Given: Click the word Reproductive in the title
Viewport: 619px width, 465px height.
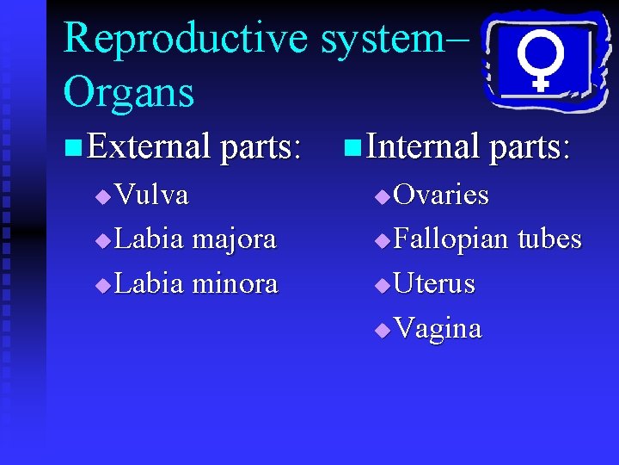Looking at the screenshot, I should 185,39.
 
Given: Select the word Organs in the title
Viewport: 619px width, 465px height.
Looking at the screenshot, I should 129,92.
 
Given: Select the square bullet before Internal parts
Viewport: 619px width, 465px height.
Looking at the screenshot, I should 352,147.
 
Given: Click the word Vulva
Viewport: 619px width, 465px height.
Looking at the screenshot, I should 151,195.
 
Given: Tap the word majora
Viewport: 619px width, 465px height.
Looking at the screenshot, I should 234,239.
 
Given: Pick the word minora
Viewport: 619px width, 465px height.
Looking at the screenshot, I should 235,284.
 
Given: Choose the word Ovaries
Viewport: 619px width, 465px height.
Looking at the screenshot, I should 441,195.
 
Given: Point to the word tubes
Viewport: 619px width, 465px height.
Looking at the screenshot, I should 549,239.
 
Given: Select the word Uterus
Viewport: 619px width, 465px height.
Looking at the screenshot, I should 434,284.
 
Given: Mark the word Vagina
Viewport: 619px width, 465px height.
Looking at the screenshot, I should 438,329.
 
